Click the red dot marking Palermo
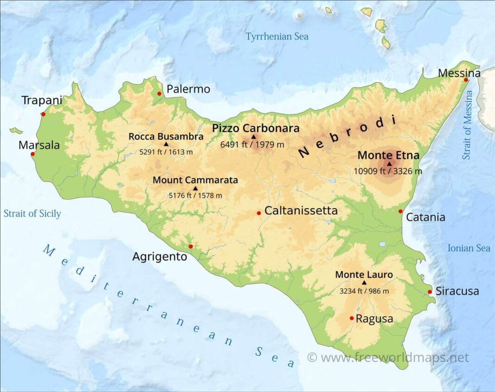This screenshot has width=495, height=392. click(x=159, y=94)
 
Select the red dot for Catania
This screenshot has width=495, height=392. click(x=400, y=212)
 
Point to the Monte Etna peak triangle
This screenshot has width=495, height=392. click(x=389, y=163)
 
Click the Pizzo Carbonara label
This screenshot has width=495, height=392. click(x=255, y=129)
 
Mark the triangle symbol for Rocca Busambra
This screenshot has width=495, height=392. click(x=166, y=144)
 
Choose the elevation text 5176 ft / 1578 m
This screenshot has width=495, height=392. click(x=195, y=195)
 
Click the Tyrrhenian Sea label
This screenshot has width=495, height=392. click(x=277, y=37)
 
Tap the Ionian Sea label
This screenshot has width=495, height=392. click(x=469, y=248)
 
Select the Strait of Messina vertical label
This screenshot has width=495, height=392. click(x=468, y=125)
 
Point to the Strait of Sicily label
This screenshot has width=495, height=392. click(x=32, y=214)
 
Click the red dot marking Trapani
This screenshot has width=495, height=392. click(x=43, y=114)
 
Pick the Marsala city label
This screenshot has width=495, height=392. click(x=39, y=145)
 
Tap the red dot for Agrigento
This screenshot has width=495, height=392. click(x=190, y=246)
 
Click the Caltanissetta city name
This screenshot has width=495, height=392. click(x=301, y=211)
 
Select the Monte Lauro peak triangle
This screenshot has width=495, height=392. click(x=364, y=283)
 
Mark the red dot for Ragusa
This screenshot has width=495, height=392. click(x=352, y=318)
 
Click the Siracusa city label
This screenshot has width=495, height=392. click(x=457, y=291)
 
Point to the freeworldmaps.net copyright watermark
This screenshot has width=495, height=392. click(x=388, y=358)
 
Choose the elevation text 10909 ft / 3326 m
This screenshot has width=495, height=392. click(x=388, y=171)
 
